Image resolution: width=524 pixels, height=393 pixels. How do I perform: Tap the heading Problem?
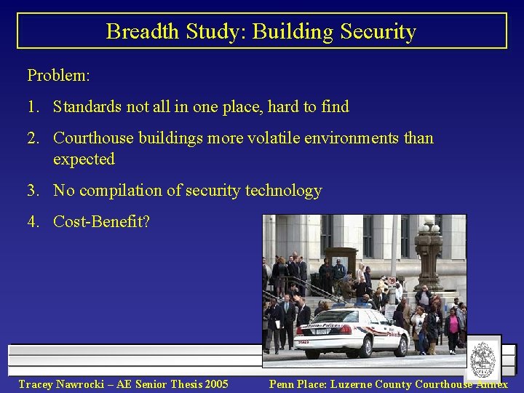[x=58, y=75]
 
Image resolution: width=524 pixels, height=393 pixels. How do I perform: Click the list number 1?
[x=33, y=107]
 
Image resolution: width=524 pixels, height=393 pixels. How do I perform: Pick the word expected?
[x=84, y=159]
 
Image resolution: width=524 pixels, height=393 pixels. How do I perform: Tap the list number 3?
[x=33, y=191]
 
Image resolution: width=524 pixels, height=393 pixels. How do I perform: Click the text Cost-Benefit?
[x=101, y=221]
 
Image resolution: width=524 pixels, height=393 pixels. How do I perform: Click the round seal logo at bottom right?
[x=483, y=360]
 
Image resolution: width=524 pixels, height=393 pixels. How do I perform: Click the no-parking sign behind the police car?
[x=392, y=280]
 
